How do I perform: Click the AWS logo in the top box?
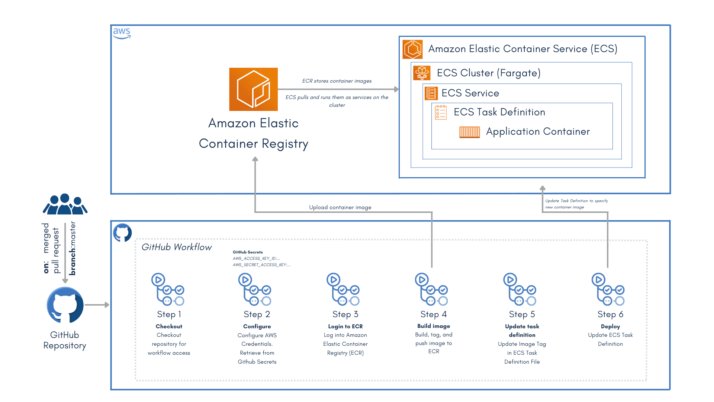point(122,33)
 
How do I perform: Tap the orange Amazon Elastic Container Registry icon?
point(253,89)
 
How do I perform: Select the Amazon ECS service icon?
point(412,49)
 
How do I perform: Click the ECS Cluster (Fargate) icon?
point(422,73)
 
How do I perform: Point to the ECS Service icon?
point(431,93)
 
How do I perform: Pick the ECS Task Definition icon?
point(441,112)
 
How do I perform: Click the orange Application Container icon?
point(469,132)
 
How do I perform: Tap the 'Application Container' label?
point(538,131)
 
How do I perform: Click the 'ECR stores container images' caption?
point(337,81)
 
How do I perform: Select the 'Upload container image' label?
point(340,207)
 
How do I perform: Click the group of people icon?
point(65,204)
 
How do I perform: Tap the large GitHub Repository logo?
point(65,305)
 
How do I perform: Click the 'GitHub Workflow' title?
point(177,247)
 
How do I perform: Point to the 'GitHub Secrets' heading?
point(248,252)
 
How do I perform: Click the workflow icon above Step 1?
point(168,290)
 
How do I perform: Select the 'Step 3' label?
point(345,314)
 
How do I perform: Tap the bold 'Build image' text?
point(434,326)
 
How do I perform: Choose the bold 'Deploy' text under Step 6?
point(610,326)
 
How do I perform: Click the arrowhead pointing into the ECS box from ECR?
point(396,89)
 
